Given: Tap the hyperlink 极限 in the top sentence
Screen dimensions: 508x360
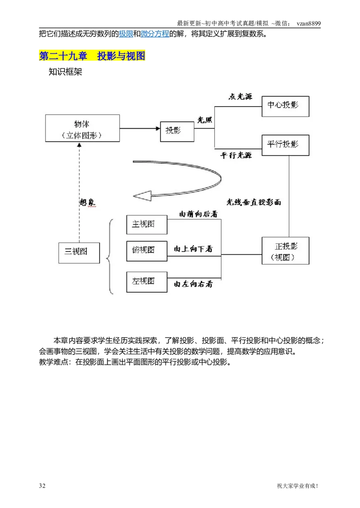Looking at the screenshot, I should coord(126,34).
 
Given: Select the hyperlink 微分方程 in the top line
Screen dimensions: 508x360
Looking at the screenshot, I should coord(155,34).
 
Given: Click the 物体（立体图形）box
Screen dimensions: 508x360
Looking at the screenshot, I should coord(82,128).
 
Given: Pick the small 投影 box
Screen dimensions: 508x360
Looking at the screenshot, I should coord(177,131).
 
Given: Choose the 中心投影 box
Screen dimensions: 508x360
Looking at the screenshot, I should coord(285,106).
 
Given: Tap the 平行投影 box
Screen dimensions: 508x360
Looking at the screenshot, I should coord(285,145).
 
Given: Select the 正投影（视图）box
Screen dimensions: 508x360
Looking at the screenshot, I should coord(285,251).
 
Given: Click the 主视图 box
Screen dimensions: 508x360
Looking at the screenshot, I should coord(146,224).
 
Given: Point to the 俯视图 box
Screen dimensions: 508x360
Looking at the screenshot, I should coord(146,250).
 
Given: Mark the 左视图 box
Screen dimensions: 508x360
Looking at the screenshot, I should coord(146,282).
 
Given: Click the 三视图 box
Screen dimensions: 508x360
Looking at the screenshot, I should coord(79,252).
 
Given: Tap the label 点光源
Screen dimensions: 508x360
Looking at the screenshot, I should coord(240,96).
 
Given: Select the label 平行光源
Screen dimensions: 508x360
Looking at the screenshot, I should coord(236,155).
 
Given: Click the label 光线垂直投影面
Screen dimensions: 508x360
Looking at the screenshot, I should coord(253,202).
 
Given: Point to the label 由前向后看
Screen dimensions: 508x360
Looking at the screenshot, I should coord(198,214).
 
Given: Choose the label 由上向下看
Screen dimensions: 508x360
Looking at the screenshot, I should coord(193,248).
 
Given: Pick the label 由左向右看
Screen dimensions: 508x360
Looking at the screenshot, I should coord(193,284).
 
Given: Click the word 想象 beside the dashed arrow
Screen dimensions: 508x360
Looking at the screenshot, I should coord(87,202).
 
